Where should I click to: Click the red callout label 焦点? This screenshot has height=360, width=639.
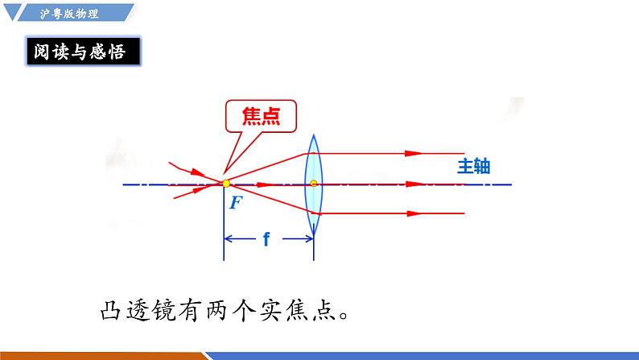click(260, 117)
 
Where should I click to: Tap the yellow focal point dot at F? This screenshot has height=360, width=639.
click(226, 184)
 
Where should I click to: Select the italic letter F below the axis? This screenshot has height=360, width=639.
click(235, 202)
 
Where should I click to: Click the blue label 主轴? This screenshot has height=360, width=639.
click(473, 167)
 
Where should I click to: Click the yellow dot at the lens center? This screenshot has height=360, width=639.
click(314, 184)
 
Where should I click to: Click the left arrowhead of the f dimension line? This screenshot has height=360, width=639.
click(229, 238)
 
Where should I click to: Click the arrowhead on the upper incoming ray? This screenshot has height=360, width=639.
click(194, 171)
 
